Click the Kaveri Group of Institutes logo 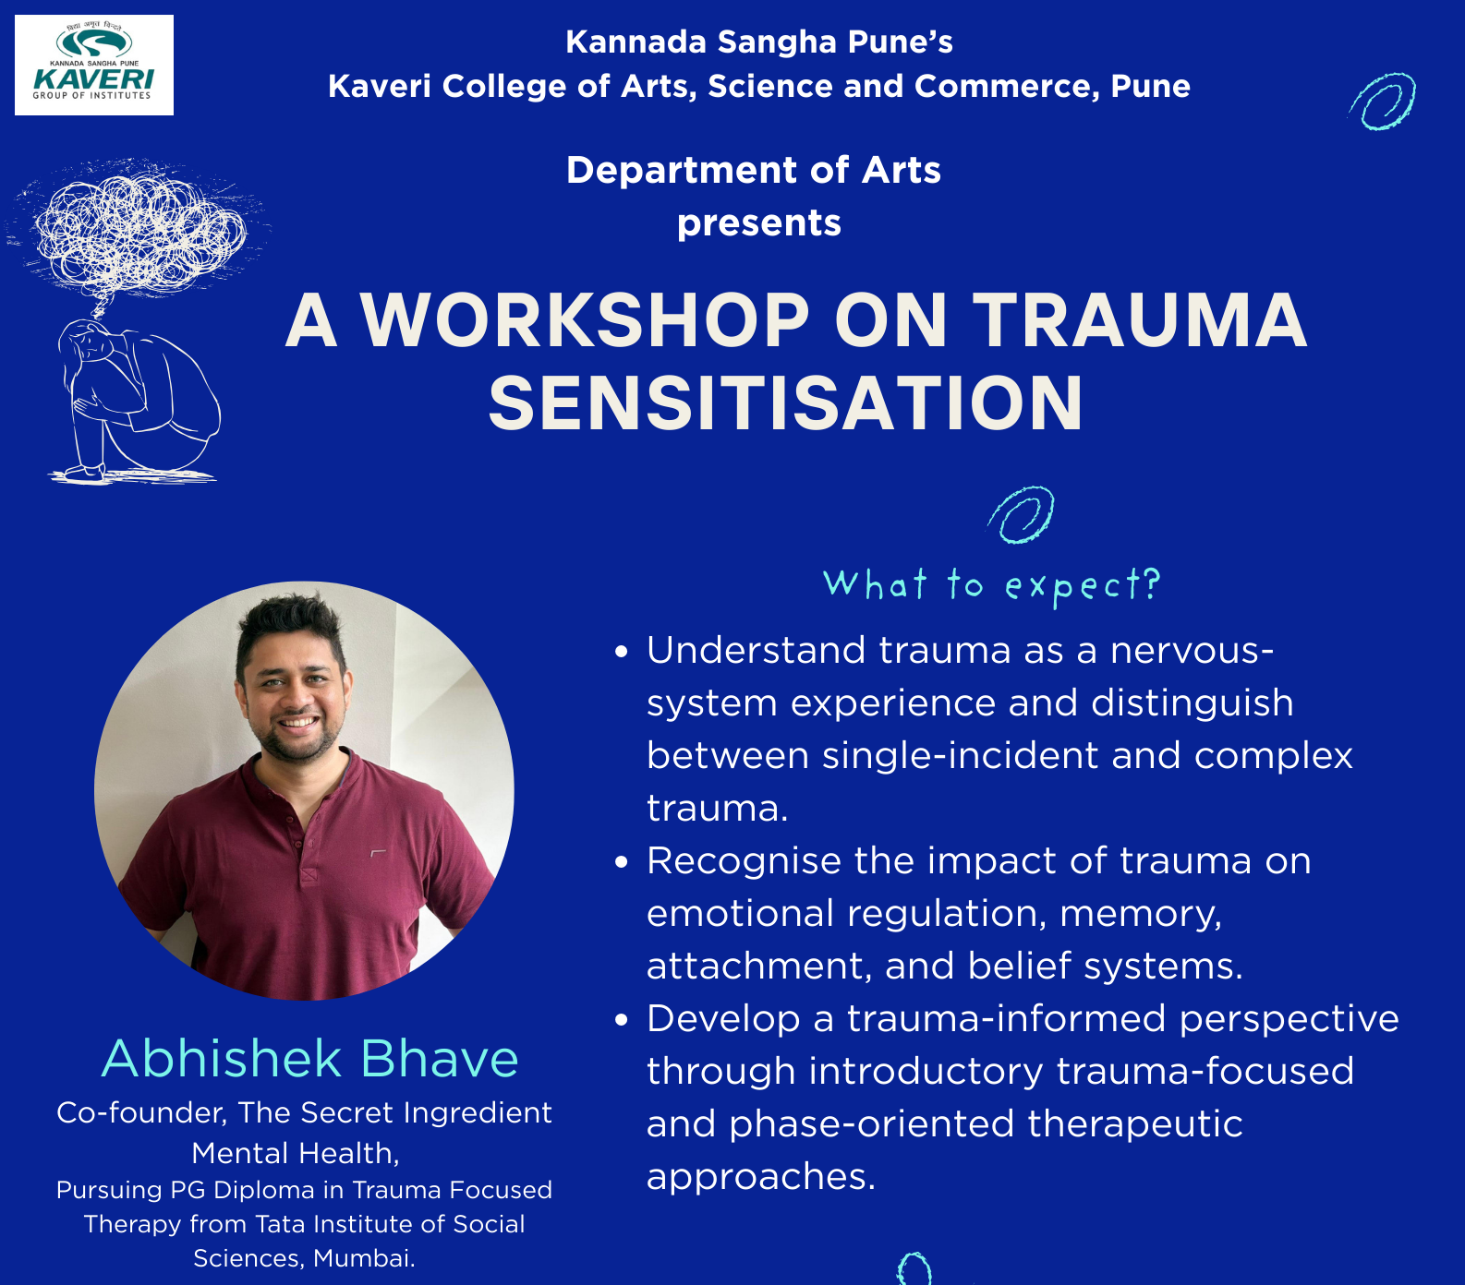coord(93,65)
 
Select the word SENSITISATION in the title coord(785,403)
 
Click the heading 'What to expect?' coord(991,585)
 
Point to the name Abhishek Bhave coord(309,1058)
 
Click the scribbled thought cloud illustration coord(139,231)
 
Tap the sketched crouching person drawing coord(139,402)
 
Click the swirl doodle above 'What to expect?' coord(1022,514)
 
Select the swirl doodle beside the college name coord(1383,102)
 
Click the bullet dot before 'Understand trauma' coord(622,652)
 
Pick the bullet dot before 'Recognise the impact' coord(622,862)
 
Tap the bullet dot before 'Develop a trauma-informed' coord(622,1020)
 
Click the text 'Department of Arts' coord(754,171)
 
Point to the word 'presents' coord(759,223)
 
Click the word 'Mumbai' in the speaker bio coord(363,1258)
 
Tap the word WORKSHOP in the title coord(585,320)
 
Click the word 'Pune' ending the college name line coord(1150,86)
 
